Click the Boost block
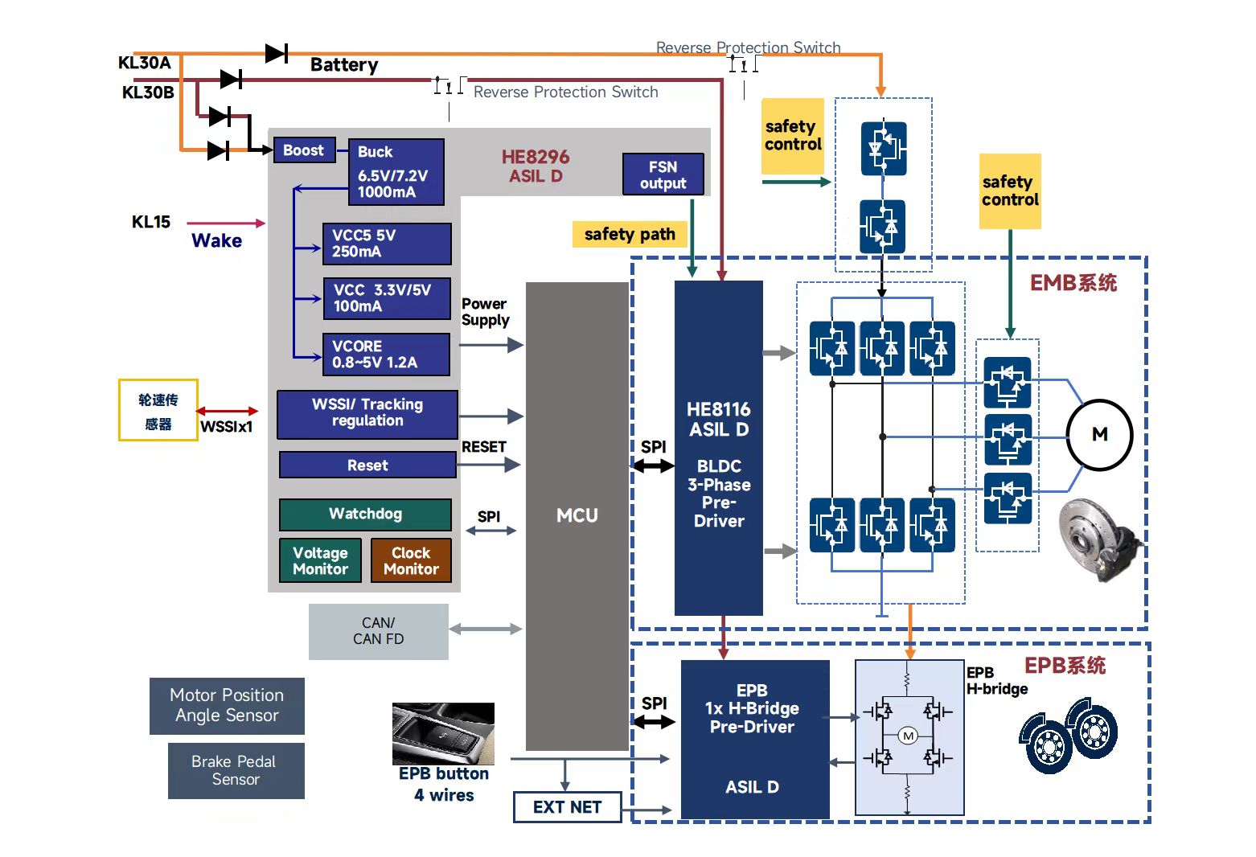tap(304, 150)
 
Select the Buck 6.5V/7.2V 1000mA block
tap(396, 172)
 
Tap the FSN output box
tap(663, 174)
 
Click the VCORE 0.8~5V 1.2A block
tap(385, 355)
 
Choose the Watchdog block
tap(365, 515)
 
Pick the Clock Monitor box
tap(411, 560)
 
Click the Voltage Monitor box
tap(320, 560)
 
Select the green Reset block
tap(367, 465)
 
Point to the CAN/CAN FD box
tap(378, 631)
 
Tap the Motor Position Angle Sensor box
tap(227, 705)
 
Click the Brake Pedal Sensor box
tap(236, 770)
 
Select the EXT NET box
tap(567, 807)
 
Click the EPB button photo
tap(443, 733)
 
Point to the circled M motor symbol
tap(1099, 435)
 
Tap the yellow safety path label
tap(630, 235)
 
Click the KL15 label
tap(151, 222)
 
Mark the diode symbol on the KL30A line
tap(276, 54)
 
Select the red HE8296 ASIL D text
tap(536, 166)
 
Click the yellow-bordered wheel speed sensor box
tap(158, 411)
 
